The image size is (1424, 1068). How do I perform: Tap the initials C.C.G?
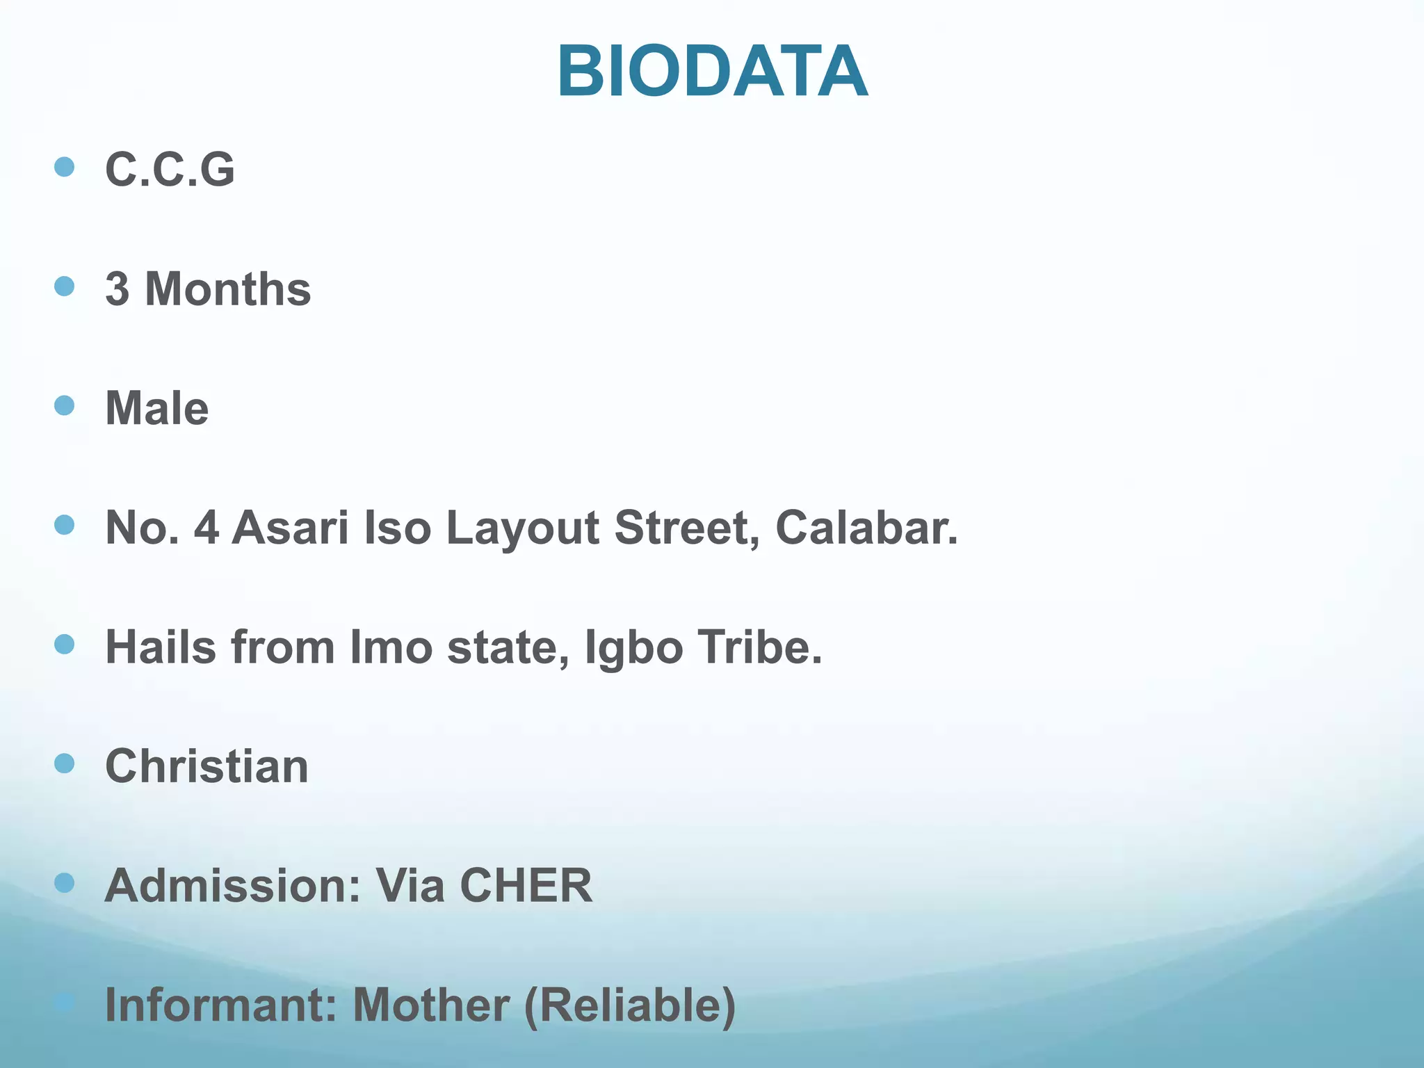click(170, 170)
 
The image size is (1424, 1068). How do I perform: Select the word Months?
click(227, 289)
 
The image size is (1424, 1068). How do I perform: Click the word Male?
click(156, 408)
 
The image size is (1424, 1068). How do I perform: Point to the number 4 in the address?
click(207, 528)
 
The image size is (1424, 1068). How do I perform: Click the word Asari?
click(290, 528)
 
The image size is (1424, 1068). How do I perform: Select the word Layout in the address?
click(523, 528)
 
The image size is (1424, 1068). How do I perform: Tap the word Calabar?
click(866, 528)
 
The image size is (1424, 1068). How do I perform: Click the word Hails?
click(161, 647)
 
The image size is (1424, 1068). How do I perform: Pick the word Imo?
click(391, 647)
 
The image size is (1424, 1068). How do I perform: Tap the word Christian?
click(207, 766)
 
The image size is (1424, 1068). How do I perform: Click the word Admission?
click(233, 886)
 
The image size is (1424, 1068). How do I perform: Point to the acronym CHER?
click(526, 886)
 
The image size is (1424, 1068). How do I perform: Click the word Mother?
click(431, 1005)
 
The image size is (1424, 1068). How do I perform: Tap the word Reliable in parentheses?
click(630, 1005)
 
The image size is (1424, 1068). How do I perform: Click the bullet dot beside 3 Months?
click(64, 286)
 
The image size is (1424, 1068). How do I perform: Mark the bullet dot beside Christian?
click(64, 763)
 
